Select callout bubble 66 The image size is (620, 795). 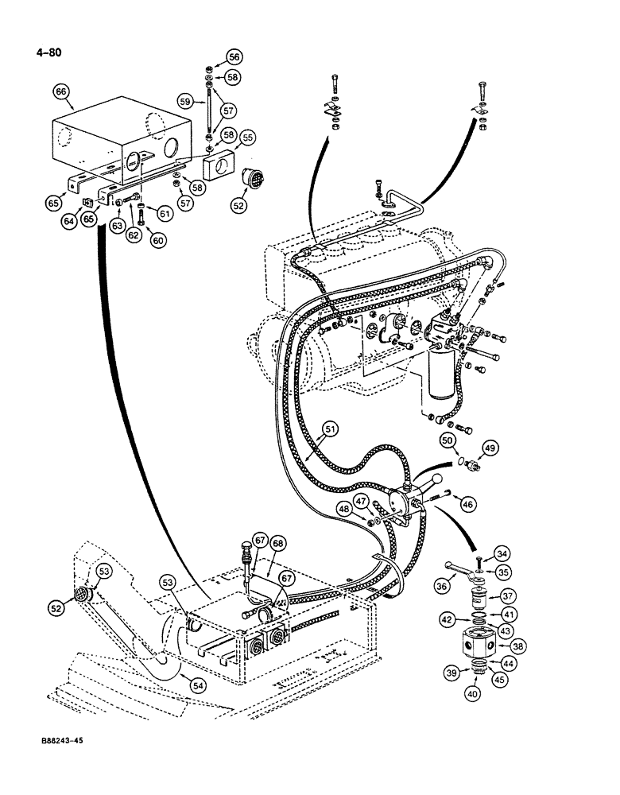coord(61,92)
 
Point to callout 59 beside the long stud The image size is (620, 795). coord(184,102)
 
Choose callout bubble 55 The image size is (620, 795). coord(248,138)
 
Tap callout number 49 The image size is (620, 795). coord(490,449)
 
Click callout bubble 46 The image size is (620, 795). coord(468,503)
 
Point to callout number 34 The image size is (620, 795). coord(502,553)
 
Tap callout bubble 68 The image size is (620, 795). coord(277,543)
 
